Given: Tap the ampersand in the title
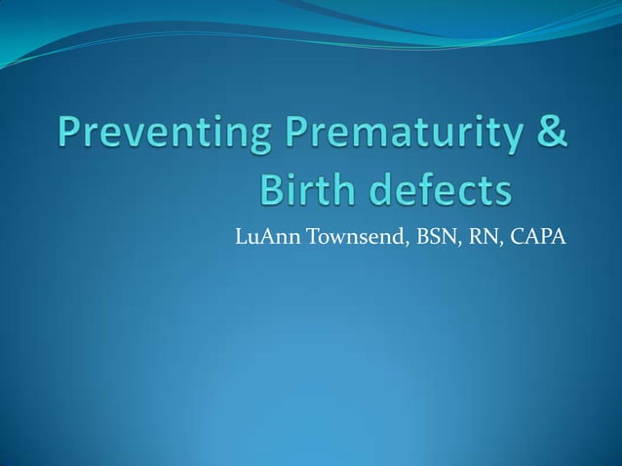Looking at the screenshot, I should pos(549,134).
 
